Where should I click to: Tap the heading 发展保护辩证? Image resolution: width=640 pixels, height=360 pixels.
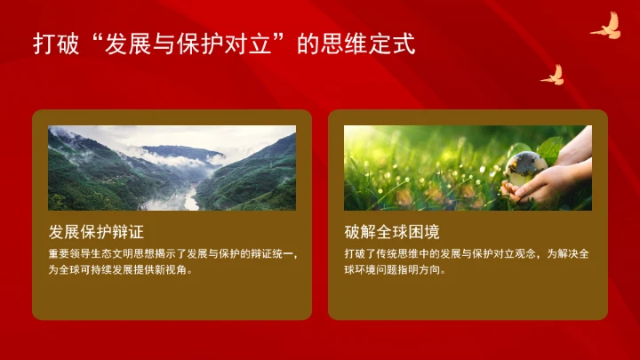[x=95, y=234]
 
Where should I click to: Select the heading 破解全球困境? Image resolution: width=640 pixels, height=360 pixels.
[x=392, y=234]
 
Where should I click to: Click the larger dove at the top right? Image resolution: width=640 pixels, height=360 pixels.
[x=605, y=28]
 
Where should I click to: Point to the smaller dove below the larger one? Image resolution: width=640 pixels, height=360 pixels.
[x=553, y=75]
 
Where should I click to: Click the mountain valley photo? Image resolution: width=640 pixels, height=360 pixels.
[x=172, y=167]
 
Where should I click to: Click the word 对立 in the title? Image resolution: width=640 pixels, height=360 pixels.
[x=249, y=44]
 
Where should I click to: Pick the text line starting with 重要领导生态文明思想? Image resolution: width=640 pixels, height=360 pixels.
[x=172, y=253]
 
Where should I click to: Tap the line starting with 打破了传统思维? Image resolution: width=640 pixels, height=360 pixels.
[x=468, y=253]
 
